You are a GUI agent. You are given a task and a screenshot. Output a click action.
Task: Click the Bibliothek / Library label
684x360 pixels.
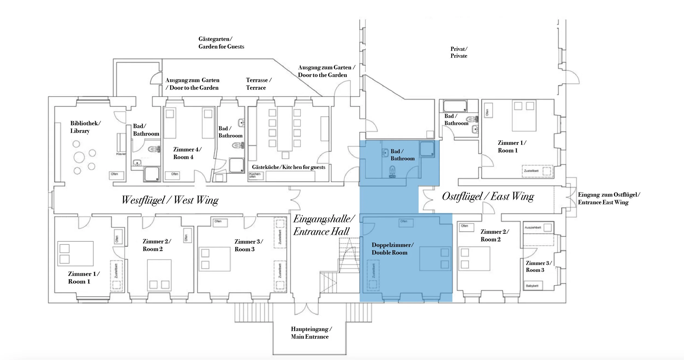[x=85, y=127]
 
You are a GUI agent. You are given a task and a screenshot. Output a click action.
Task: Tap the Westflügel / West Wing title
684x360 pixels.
[x=170, y=200]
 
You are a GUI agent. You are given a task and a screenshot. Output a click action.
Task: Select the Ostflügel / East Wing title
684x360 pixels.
[x=488, y=197]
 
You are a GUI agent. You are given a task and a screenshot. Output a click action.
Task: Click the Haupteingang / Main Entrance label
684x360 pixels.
[x=311, y=333]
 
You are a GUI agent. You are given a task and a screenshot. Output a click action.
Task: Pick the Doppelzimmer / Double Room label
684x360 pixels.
[x=392, y=249]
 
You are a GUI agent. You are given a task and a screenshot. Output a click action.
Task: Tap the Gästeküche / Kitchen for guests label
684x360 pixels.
[x=288, y=167]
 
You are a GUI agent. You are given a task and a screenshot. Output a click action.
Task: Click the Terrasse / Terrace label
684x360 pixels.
[x=258, y=84]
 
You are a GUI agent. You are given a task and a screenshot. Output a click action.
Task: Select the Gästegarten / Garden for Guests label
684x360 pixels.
[x=221, y=43]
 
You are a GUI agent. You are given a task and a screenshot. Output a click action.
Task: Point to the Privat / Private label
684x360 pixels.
[x=459, y=52]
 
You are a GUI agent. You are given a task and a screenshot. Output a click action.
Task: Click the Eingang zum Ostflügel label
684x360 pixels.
[x=608, y=198]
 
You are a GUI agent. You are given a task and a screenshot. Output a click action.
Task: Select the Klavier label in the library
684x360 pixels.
[x=121, y=154]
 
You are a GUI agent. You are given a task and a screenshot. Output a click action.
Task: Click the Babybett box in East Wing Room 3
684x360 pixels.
[x=532, y=286]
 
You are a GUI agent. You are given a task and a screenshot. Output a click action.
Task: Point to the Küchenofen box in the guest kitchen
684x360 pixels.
[x=256, y=175]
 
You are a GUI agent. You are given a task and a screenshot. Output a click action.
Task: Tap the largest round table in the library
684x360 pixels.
[x=79, y=157]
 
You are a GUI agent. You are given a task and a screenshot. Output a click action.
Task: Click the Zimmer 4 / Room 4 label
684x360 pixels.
[x=187, y=153]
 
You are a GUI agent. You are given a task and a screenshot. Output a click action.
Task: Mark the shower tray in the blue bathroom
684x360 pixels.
[x=427, y=149]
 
